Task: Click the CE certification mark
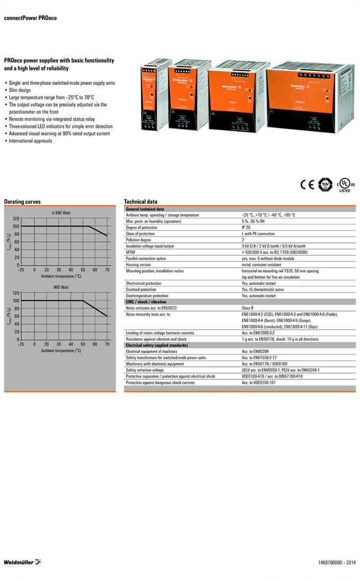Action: click(x=307, y=185)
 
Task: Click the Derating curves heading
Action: click(x=22, y=202)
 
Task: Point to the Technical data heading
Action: click(x=140, y=202)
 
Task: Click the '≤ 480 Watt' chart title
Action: click(x=61, y=213)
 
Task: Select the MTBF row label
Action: click(x=131, y=252)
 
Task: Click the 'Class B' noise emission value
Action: click(x=250, y=307)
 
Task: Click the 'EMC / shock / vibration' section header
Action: click(x=146, y=302)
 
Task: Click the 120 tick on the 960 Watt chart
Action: click(x=16, y=293)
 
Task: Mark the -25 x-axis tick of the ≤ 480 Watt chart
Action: click(x=21, y=270)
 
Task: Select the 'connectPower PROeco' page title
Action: click(x=30, y=18)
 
